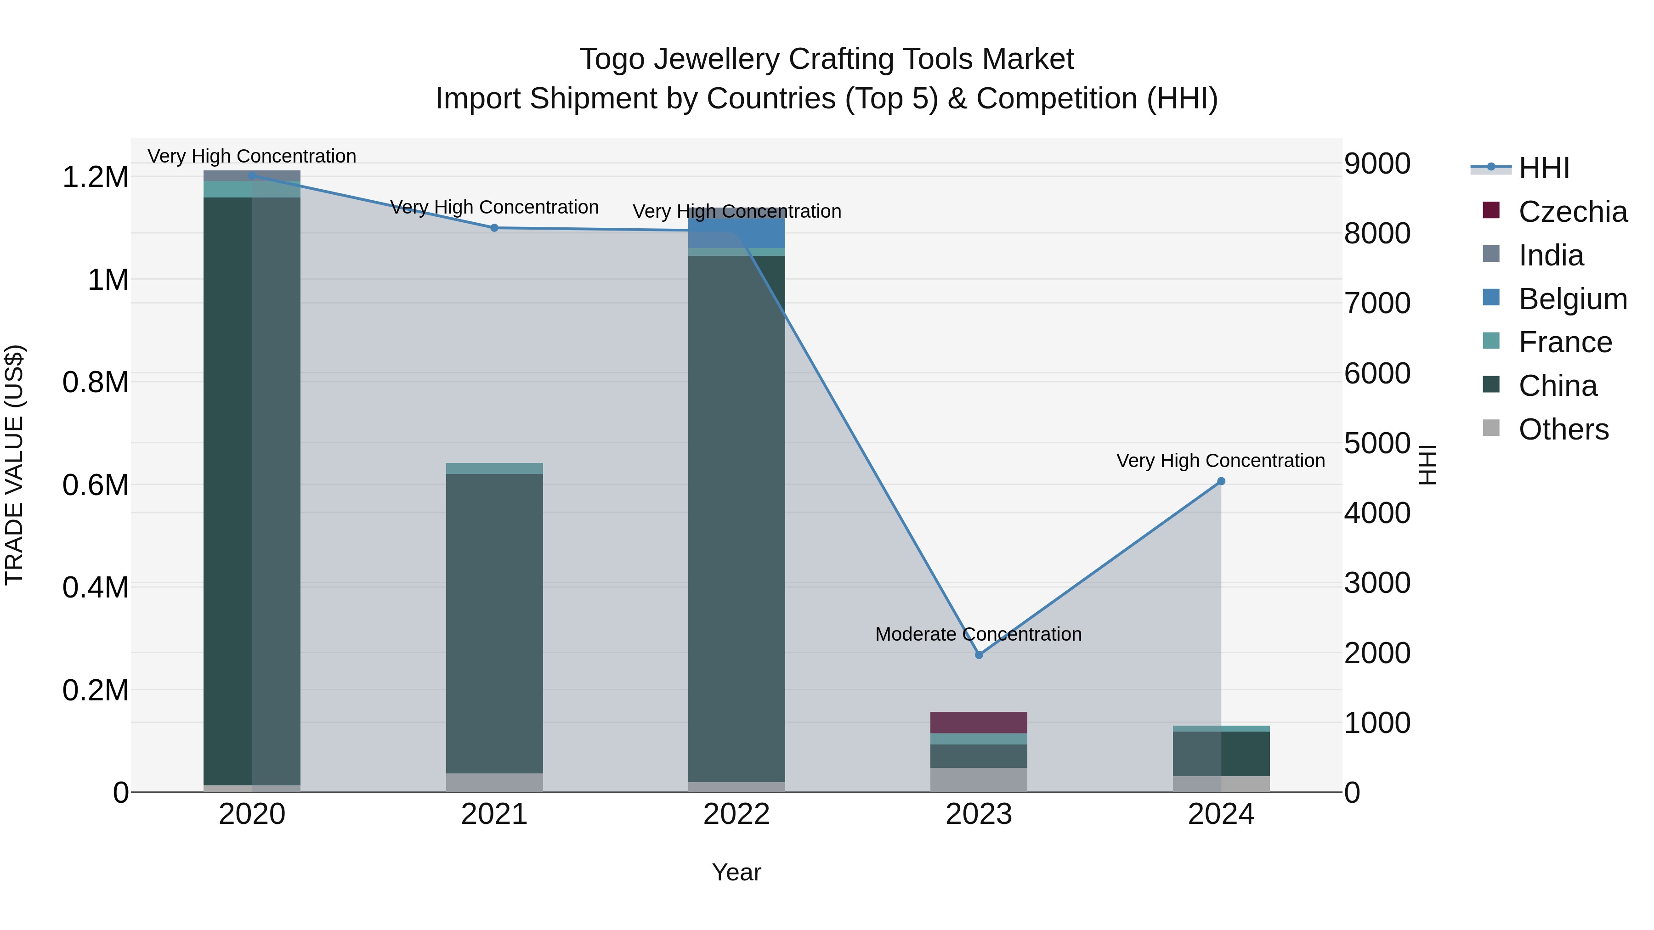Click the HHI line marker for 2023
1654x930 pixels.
pos(979,654)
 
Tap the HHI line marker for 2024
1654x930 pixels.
pos(1221,481)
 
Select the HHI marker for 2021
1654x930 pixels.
pos(494,228)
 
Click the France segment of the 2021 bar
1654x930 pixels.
pos(494,468)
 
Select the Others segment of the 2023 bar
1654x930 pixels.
pos(979,779)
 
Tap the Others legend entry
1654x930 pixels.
pos(1563,429)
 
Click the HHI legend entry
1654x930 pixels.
pos(1544,168)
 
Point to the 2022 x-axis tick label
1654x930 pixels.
pos(736,814)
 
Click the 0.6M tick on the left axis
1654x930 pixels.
pos(95,485)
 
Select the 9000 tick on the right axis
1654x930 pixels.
pos(1377,163)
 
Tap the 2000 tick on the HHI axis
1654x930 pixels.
pos(1377,654)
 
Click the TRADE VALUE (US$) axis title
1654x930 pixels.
pos(14,465)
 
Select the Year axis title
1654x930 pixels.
pos(736,872)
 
